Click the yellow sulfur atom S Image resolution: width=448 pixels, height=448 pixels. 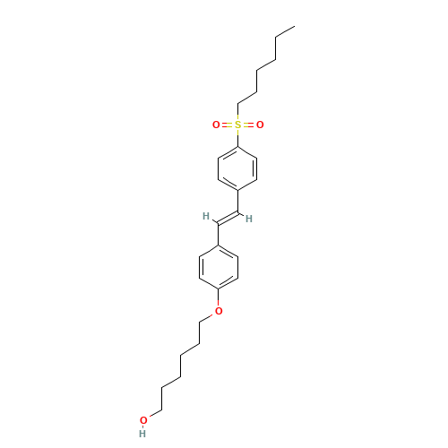[237, 125]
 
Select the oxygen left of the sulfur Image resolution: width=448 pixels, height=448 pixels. [216, 125]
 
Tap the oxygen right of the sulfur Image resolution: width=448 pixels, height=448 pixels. [260, 125]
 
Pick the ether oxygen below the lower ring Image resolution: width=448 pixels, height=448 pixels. [219, 311]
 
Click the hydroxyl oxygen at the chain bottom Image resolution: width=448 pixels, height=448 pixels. [143, 420]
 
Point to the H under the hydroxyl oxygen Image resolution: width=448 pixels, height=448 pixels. [143, 434]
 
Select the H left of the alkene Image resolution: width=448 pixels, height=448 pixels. [206, 216]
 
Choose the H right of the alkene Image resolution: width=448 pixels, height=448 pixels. [249, 218]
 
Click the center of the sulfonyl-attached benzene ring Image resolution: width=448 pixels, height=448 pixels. [237, 168]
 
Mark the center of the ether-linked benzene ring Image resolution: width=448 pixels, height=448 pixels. [219, 266]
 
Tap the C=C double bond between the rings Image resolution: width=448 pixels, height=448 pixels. [228, 217]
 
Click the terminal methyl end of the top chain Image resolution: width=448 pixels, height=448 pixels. [294, 27]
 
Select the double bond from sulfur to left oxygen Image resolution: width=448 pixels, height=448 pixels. [227, 125]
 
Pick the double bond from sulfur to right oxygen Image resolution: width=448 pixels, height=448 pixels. [249, 125]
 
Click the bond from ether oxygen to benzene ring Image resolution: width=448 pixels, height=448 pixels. [219, 299]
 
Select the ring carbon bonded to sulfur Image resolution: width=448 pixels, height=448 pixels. [237, 146]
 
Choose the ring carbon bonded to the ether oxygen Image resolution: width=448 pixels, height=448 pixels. [219, 289]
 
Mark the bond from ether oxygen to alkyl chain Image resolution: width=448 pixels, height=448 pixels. [209, 316]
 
